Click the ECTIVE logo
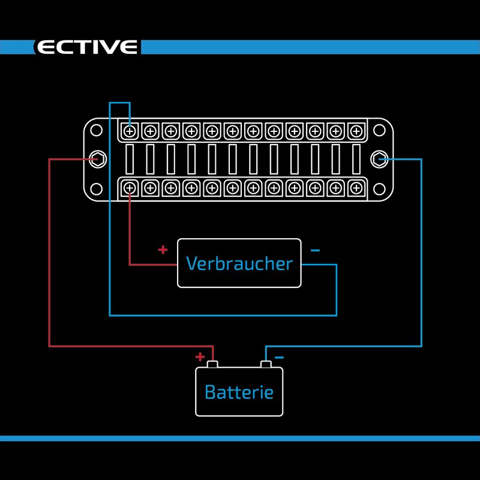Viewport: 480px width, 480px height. coord(88,47)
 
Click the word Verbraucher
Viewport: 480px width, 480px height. coord(239,263)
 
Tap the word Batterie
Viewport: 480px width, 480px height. coord(239,392)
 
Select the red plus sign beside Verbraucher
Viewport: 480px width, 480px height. coord(163,250)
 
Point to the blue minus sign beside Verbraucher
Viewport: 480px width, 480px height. coord(316,250)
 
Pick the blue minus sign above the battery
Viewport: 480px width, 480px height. coord(279,358)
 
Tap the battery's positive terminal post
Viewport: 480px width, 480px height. coord(212,364)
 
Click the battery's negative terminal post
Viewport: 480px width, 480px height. coord(265,364)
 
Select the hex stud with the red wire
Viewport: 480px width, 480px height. coord(96,159)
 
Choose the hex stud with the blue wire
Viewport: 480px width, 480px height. coord(379,159)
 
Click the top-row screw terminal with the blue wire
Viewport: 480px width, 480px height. coord(130,130)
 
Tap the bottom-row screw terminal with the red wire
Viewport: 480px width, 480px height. coord(130,188)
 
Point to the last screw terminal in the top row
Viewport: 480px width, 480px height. coord(356,130)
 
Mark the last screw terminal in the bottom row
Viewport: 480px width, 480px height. coord(356,188)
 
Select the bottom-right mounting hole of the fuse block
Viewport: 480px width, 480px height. coord(379,188)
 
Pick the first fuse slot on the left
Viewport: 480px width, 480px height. coord(130,159)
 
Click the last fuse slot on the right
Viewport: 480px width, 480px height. coord(356,159)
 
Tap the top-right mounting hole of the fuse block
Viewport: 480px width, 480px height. coord(379,130)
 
